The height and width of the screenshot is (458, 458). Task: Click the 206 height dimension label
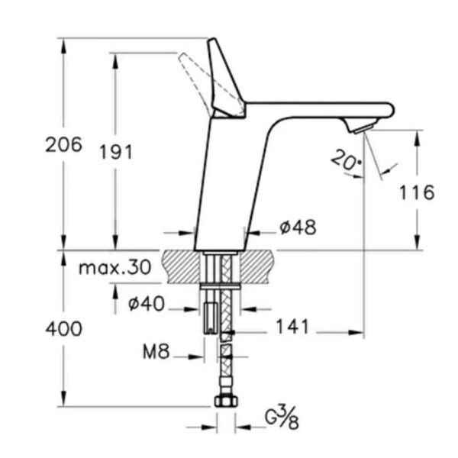tap(63, 144)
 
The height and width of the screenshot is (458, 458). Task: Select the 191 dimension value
tap(115, 151)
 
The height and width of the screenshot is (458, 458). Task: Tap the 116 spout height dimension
tap(416, 192)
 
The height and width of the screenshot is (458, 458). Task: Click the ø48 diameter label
tap(297, 227)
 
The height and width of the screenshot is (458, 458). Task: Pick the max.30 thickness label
tap(114, 268)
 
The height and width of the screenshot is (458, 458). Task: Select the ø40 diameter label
tap(145, 304)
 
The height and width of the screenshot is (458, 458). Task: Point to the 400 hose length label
tap(63, 329)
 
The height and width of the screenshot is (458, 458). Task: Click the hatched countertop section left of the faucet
tap(180, 266)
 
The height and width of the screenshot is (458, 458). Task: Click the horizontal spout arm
tap(321, 110)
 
